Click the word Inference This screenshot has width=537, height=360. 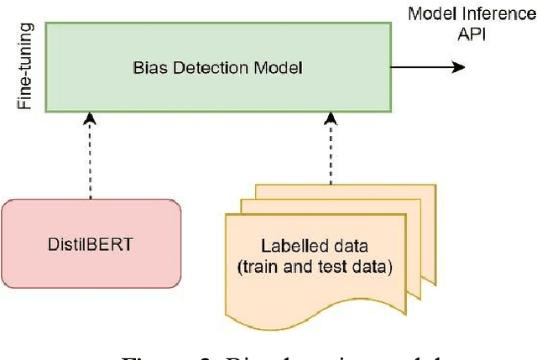click(x=496, y=13)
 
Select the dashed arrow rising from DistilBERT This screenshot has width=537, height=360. click(x=91, y=159)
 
